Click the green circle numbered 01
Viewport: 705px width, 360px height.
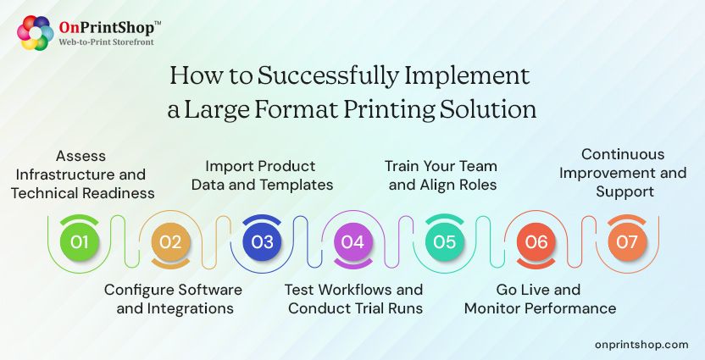click(x=80, y=242)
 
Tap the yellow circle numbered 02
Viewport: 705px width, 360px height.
click(x=171, y=242)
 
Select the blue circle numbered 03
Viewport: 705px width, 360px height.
click(x=262, y=242)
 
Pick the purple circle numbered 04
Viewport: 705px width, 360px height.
click(x=352, y=242)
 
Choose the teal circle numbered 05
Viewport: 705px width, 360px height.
click(x=444, y=242)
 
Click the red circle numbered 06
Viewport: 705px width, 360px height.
click(x=536, y=242)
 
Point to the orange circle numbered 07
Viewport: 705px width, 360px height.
click(x=626, y=242)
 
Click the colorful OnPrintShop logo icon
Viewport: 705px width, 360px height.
click(x=35, y=33)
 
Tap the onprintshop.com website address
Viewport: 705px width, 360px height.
click(x=641, y=344)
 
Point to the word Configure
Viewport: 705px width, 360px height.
click(x=136, y=290)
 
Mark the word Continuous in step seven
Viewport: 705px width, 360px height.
click(x=623, y=155)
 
